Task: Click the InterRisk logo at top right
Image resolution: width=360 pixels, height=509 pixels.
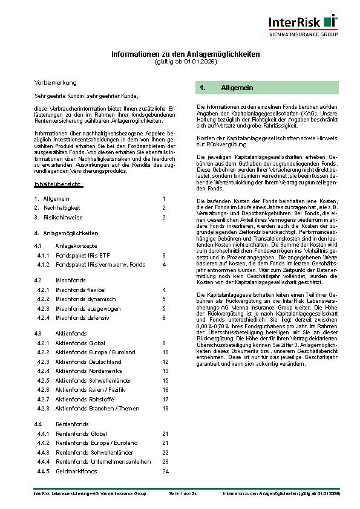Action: click(303, 22)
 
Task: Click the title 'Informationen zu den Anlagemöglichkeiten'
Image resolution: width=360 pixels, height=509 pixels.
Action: click(185, 54)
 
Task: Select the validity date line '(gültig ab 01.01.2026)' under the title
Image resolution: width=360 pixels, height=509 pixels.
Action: click(185, 62)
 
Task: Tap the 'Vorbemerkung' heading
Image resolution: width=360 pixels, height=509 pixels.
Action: click(55, 82)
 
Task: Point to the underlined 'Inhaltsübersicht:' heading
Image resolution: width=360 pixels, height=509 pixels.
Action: click(59, 183)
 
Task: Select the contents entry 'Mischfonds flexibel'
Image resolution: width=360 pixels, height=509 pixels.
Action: click(80, 290)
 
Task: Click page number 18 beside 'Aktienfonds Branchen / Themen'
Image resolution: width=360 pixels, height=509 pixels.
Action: click(165, 408)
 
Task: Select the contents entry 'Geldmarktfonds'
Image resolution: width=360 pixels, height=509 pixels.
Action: click(76, 471)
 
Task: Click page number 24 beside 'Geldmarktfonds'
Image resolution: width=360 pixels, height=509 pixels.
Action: click(165, 471)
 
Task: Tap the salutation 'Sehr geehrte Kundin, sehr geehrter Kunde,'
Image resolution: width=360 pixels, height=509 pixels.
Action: click(86, 96)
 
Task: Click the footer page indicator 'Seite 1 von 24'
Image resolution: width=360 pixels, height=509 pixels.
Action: click(183, 494)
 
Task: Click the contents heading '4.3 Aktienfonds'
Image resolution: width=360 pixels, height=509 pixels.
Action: click(62, 333)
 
